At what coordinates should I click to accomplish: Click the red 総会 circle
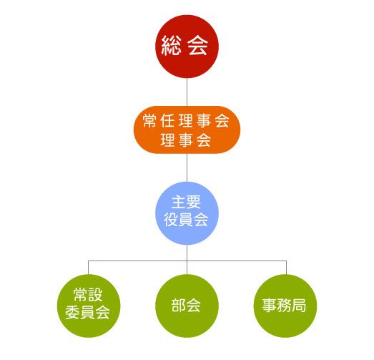click(187, 47)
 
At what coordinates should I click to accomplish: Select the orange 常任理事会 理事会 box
click(187, 130)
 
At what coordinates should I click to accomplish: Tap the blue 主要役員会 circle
click(187, 213)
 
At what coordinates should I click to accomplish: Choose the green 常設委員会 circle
click(89, 306)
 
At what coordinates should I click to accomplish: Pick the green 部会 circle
click(187, 306)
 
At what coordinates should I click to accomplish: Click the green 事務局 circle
click(285, 306)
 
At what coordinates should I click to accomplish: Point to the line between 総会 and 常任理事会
click(187, 92)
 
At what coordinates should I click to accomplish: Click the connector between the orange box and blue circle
click(187, 167)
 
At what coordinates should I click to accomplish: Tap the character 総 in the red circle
click(171, 46)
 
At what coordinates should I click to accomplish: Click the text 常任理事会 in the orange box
click(186, 121)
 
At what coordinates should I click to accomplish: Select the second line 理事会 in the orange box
click(186, 140)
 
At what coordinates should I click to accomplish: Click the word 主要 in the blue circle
click(186, 203)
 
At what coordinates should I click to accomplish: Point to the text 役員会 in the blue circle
click(186, 220)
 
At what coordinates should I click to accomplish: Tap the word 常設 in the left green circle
click(88, 295)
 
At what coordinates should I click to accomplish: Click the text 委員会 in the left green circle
click(87, 312)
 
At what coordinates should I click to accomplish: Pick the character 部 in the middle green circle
click(178, 306)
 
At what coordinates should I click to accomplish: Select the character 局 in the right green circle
click(299, 306)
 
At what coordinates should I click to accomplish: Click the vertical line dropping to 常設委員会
click(88, 268)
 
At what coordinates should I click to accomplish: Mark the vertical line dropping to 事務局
click(286, 268)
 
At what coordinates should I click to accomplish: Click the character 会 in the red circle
click(197, 46)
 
